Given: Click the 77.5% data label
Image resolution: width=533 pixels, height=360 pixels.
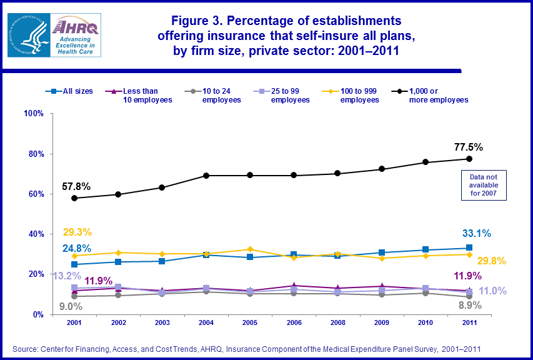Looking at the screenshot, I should (x=468, y=147).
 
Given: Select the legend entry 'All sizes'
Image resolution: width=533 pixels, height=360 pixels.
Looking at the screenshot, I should (x=71, y=91).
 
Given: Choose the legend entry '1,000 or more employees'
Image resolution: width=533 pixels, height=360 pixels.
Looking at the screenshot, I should (x=431, y=95).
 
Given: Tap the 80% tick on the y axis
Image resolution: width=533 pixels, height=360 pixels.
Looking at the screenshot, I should (x=33, y=154).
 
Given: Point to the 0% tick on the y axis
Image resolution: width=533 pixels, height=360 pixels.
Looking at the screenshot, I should (x=36, y=314).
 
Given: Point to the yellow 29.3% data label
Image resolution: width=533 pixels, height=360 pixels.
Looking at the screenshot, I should (x=77, y=232).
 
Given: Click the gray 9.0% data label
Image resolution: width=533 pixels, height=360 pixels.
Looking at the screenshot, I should (x=71, y=306).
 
